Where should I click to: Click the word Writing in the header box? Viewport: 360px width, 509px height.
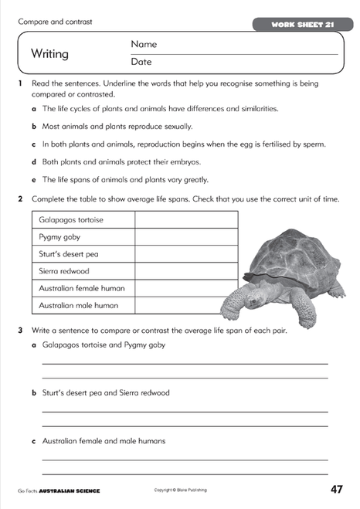49,54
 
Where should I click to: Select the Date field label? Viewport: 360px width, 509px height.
141,62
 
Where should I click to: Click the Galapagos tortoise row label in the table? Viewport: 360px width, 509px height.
71,220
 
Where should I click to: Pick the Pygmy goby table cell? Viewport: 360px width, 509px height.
59,237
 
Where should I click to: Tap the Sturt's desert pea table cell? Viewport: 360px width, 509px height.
69,254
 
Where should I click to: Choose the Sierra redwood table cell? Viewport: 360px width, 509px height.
65,271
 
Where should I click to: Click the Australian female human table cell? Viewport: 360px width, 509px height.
82,288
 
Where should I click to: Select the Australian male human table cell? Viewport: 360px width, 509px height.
78,305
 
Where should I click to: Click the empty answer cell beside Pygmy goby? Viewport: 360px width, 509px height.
186,237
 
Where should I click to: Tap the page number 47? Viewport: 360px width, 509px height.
336,489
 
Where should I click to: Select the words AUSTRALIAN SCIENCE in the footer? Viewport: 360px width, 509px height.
70,491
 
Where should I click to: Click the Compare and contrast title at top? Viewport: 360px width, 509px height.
55,22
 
